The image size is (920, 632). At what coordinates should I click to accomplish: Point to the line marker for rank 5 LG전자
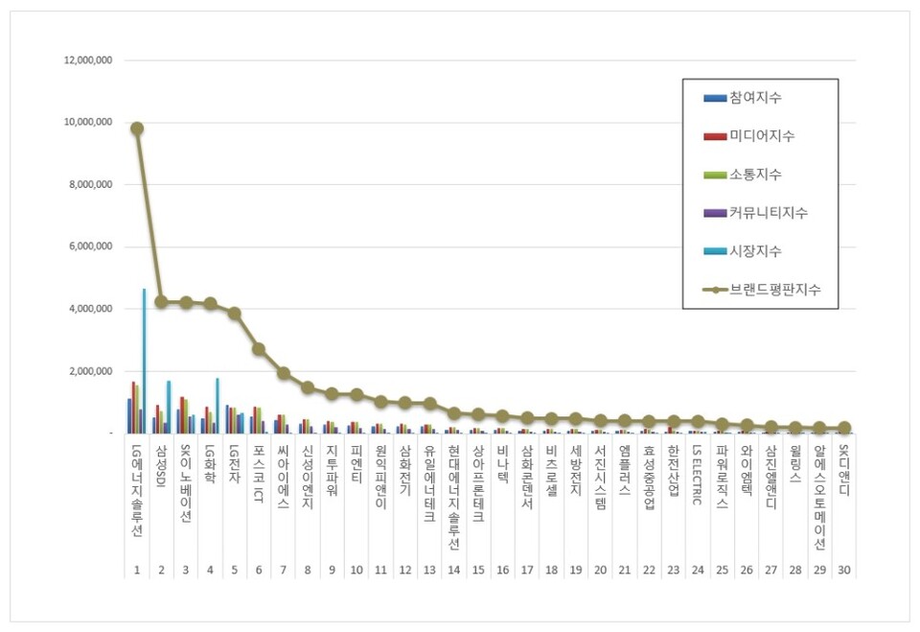(x=235, y=314)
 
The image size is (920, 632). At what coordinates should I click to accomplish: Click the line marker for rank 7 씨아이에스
(x=284, y=373)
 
